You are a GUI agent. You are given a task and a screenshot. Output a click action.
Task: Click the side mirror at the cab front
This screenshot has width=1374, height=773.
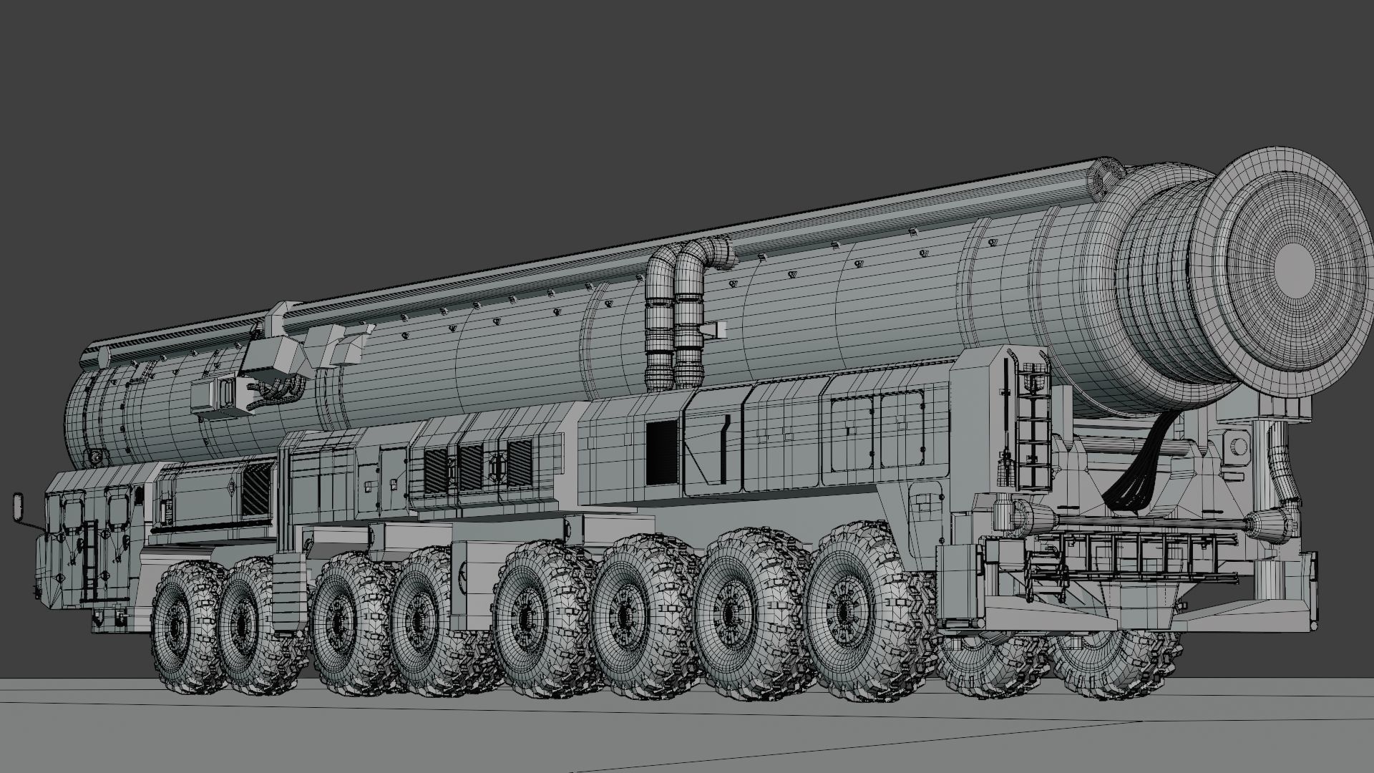18,506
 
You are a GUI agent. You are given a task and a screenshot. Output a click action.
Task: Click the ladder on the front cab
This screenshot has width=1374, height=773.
89,562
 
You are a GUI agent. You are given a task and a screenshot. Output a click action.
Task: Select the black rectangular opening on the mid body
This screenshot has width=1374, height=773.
661,451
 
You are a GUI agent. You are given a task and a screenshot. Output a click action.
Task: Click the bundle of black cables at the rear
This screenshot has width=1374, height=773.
1138,472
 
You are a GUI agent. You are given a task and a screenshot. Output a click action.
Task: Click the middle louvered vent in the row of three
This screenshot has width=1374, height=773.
471,468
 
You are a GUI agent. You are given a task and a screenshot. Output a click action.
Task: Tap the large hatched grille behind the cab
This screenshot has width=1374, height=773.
255,488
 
